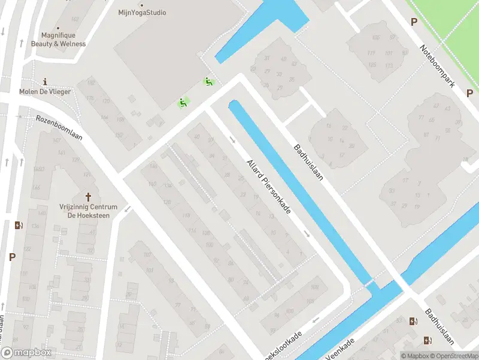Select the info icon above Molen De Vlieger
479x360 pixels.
45,82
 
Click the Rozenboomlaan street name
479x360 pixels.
59,127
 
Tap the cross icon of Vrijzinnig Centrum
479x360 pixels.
89,196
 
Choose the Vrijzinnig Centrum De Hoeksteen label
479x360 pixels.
89,211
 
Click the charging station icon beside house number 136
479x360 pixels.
19,226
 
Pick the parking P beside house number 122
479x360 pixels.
12,256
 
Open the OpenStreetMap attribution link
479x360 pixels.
453,356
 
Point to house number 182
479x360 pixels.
91,83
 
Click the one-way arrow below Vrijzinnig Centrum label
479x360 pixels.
127,208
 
